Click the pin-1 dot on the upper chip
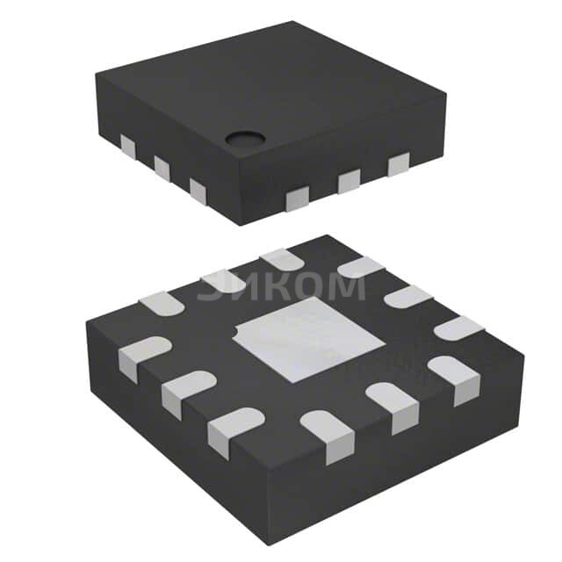click(246, 139)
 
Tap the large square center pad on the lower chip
click(309, 339)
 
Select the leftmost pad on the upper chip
click(128, 147)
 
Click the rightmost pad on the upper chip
click(399, 164)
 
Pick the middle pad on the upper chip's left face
click(162, 167)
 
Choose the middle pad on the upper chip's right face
click(349, 182)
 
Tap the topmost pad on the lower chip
click(282, 259)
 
